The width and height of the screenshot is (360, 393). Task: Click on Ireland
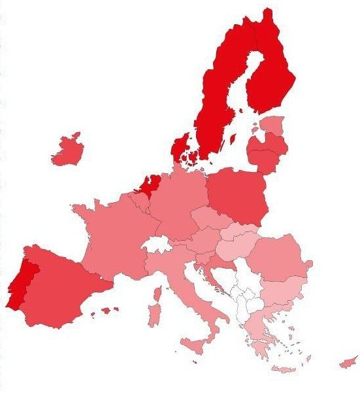click(x=67, y=152)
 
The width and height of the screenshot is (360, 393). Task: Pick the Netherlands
click(x=148, y=184)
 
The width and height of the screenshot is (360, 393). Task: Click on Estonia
click(x=273, y=125)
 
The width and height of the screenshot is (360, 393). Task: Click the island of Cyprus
click(x=348, y=362)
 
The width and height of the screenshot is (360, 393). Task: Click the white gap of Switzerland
click(x=155, y=246)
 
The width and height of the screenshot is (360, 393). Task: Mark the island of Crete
click(x=284, y=369)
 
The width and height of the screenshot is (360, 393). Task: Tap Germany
click(x=180, y=203)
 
